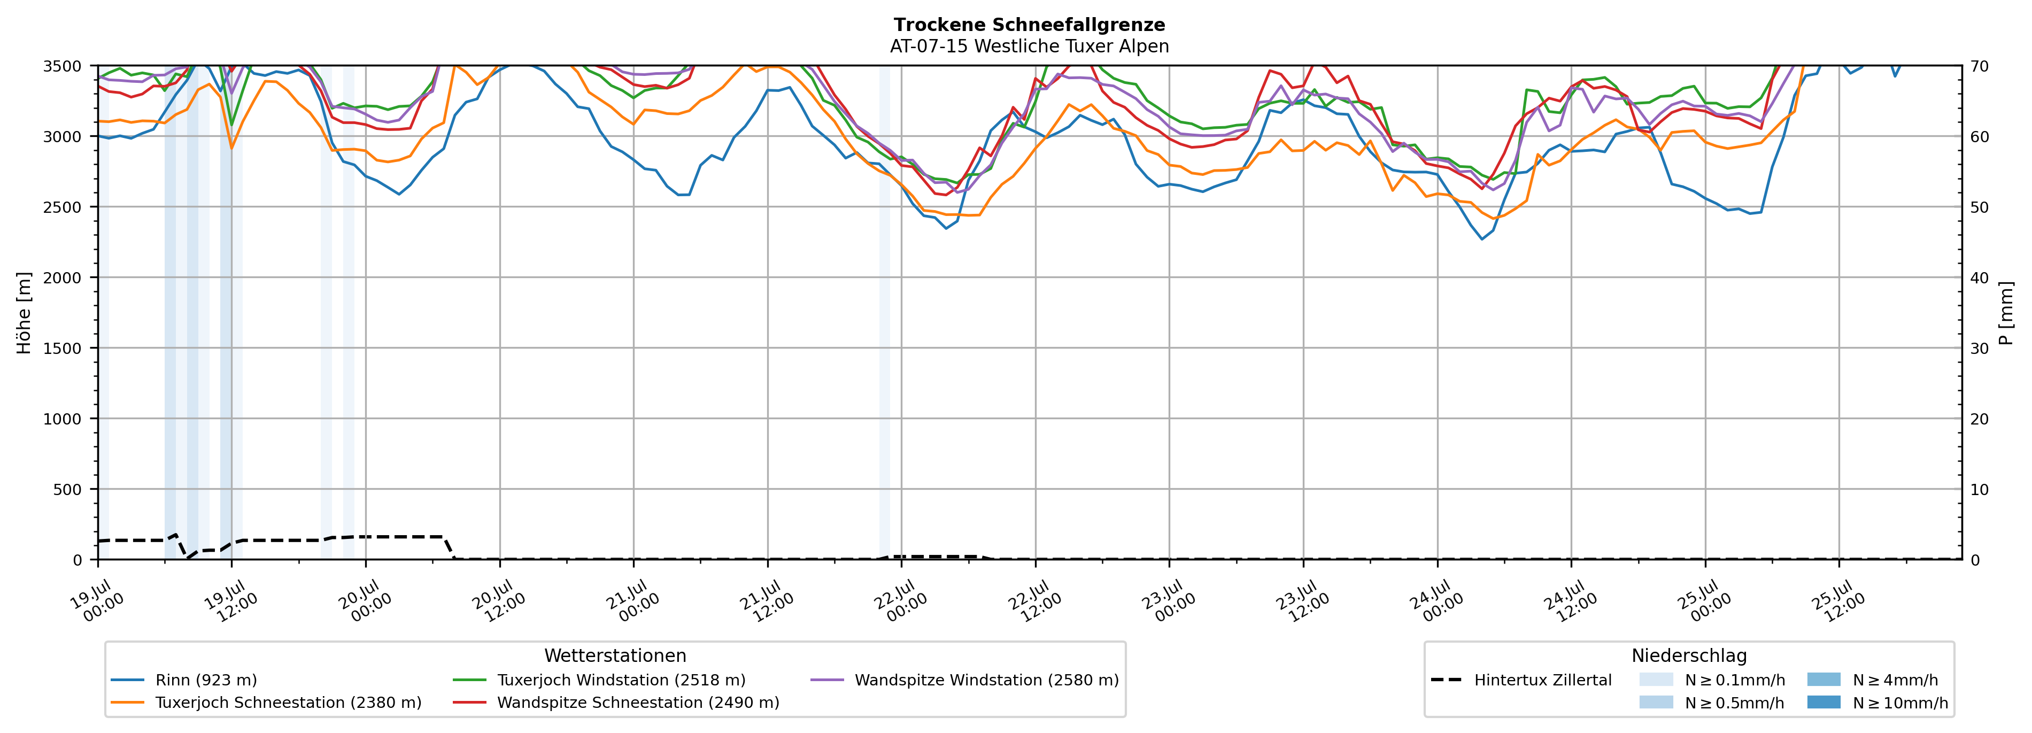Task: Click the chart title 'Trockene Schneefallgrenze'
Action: click(1030, 25)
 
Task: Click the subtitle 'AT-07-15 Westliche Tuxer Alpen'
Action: click(1030, 47)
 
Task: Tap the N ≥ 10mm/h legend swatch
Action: click(1823, 702)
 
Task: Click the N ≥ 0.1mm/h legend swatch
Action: click(1656, 680)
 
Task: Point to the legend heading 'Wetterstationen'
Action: click(615, 655)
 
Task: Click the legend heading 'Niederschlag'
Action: click(1689, 655)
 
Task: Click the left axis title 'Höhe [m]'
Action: click(25, 312)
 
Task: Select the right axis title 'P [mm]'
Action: click(2006, 312)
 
